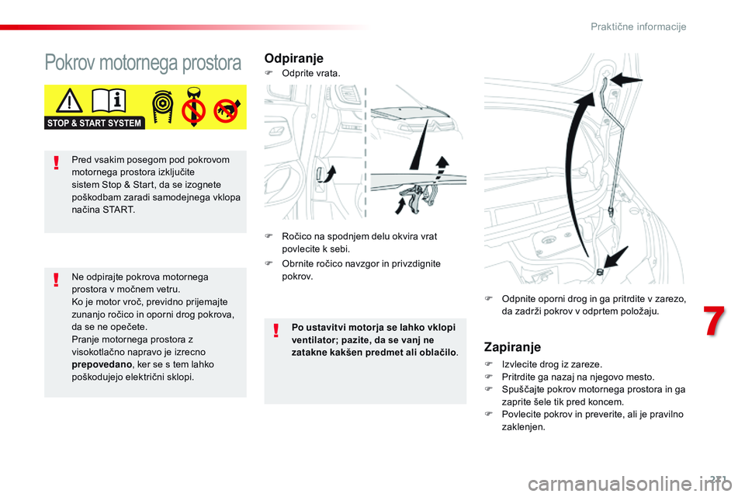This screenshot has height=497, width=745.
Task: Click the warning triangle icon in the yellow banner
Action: point(71,103)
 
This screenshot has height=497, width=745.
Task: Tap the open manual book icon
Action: point(111,102)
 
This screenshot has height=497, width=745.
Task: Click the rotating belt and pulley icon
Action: point(164,107)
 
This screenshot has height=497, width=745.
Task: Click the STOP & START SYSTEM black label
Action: point(95,123)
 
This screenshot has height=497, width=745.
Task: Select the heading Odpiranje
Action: point(294,58)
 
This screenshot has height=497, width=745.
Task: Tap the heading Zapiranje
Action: point(512,347)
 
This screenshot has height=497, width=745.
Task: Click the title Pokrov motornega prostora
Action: point(143,63)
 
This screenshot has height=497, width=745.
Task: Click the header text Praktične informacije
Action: point(638,26)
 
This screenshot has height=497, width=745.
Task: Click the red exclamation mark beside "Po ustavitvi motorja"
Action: point(276,332)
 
